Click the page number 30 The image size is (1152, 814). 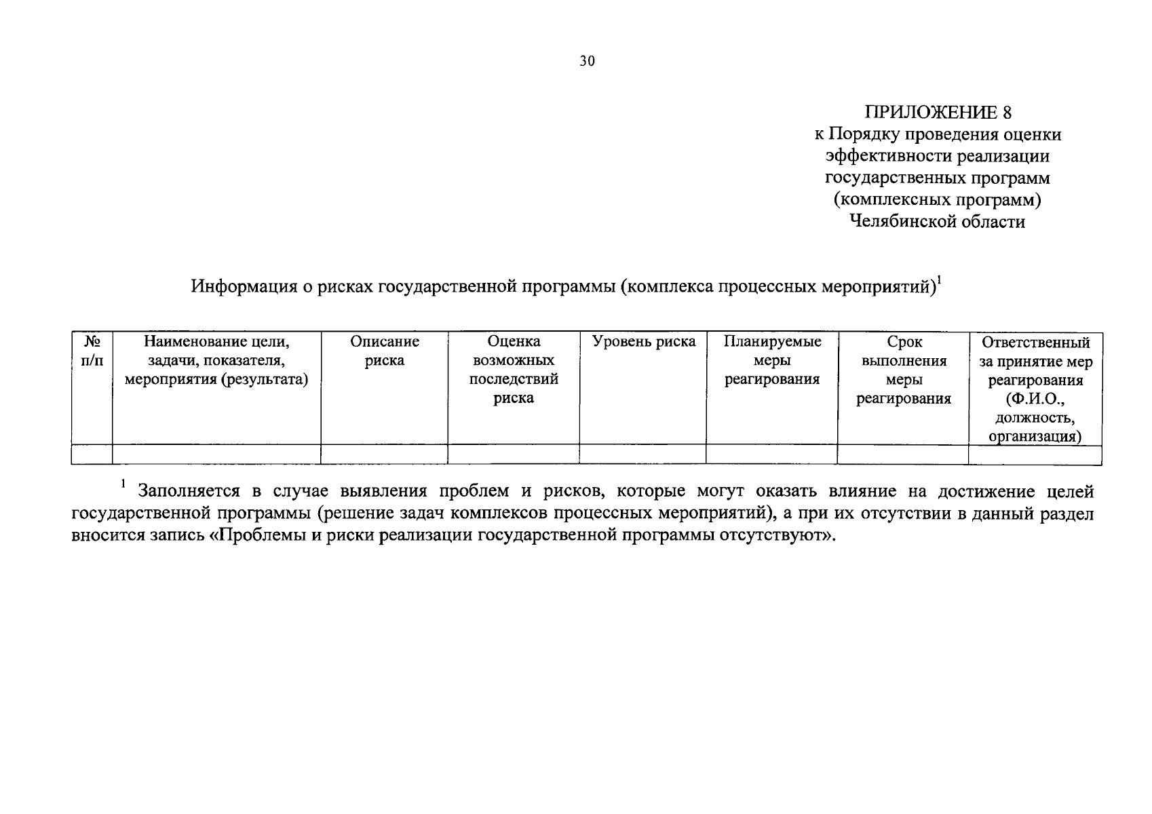[x=588, y=62]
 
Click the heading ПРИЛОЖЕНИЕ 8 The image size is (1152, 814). [x=938, y=112]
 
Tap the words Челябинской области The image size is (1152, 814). [x=938, y=221]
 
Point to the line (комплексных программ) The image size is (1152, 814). [x=938, y=199]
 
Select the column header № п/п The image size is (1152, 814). [x=92, y=351]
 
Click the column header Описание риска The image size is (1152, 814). [x=384, y=351]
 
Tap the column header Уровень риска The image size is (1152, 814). [x=643, y=342]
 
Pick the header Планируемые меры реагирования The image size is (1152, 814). [x=771, y=360]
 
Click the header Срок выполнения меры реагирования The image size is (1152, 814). [x=903, y=370]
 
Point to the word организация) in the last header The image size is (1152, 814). [x=1035, y=437]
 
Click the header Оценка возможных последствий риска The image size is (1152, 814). [x=514, y=370]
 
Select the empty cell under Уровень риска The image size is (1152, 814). [x=642, y=454]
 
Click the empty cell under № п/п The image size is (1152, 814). [x=92, y=454]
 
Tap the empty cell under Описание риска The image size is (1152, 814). [x=384, y=454]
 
